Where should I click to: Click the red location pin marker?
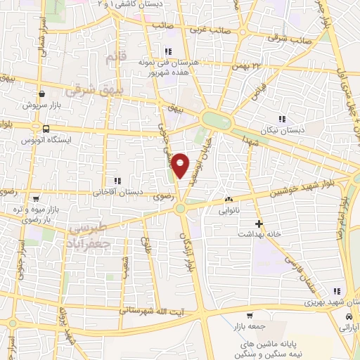[x=181, y=165]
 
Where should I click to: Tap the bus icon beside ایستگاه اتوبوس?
[x=46, y=129]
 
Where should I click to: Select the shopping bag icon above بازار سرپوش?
[x=43, y=93]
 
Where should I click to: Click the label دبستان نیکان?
[x=281, y=130]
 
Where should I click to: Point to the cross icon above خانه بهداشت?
[x=259, y=224]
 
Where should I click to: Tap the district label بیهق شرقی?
[x=94, y=90]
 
